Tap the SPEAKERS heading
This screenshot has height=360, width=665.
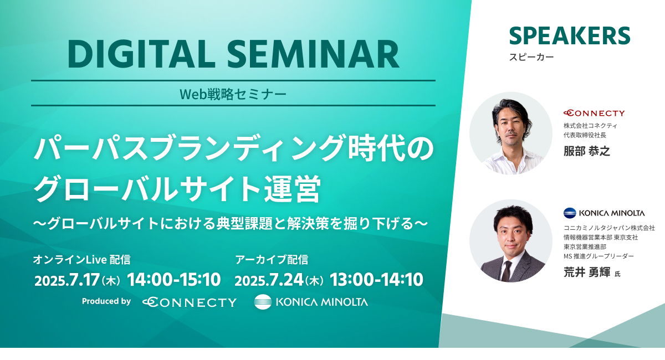pyautogui.click(x=570, y=36)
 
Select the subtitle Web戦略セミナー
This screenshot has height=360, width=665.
pyautogui.click(x=233, y=94)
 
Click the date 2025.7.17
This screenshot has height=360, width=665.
pyautogui.click(x=67, y=280)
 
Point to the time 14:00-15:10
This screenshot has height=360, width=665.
pyautogui.click(x=174, y=280)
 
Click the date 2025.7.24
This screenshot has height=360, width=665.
pyautogui.click(x=269, y=280)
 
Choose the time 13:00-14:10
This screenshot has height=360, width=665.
pyautogui.click(x=376, y=280)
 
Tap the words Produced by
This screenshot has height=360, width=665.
pyautogui.click(x=106, y=301)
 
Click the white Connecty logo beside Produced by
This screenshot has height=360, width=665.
pyautogui.click(x=190, y=302)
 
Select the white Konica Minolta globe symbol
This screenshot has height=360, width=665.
pyautogui.click(x=263, y=302)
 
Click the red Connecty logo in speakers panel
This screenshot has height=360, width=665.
pyautogui.click(x=594, y=113)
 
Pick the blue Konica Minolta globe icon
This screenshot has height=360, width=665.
pyautogui.click(x=570, y=213)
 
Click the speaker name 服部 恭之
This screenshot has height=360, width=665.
pyautogui.click(x=587, y=151)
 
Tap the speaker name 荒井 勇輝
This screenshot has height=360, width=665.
pyautogui.click(x=587, y=272)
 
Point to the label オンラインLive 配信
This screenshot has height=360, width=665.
pyautogui.click(x=81, y=260)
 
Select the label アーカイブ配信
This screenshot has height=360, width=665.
pyautogui.click(x=272, y=260)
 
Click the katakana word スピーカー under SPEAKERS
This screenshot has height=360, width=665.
pyautogui.click(x=531, y=57)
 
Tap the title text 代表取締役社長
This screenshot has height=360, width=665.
pyautogui.click(x=585, y=135)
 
